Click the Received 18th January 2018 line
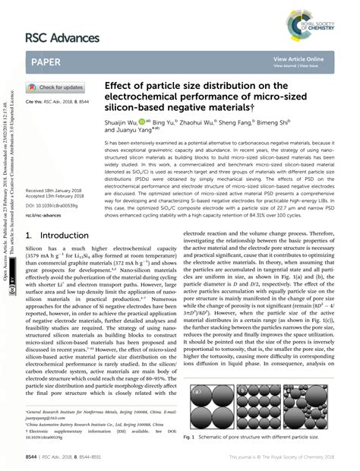(54, 212)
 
